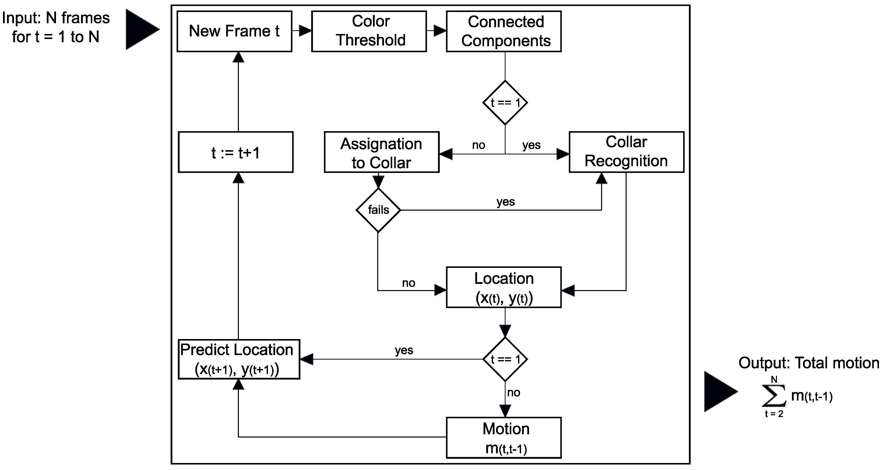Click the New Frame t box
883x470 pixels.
(234, 31)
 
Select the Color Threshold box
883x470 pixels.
(369, 31)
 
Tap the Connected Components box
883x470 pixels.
(504, 31)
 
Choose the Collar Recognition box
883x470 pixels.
(626, 152)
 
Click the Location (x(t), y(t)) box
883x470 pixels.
(504, 287)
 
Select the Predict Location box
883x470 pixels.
(239, 359)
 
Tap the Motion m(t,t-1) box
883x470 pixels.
(504, 438)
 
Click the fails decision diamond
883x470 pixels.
(378, 210)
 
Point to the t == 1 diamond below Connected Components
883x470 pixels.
(505, 103)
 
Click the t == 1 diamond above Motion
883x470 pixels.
(505, 359)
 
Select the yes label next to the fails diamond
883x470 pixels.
(506, 202)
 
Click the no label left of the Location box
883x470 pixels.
(408, 283)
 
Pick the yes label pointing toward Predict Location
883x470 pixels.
(404, 350)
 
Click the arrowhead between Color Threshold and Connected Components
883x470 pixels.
(439, 31)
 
